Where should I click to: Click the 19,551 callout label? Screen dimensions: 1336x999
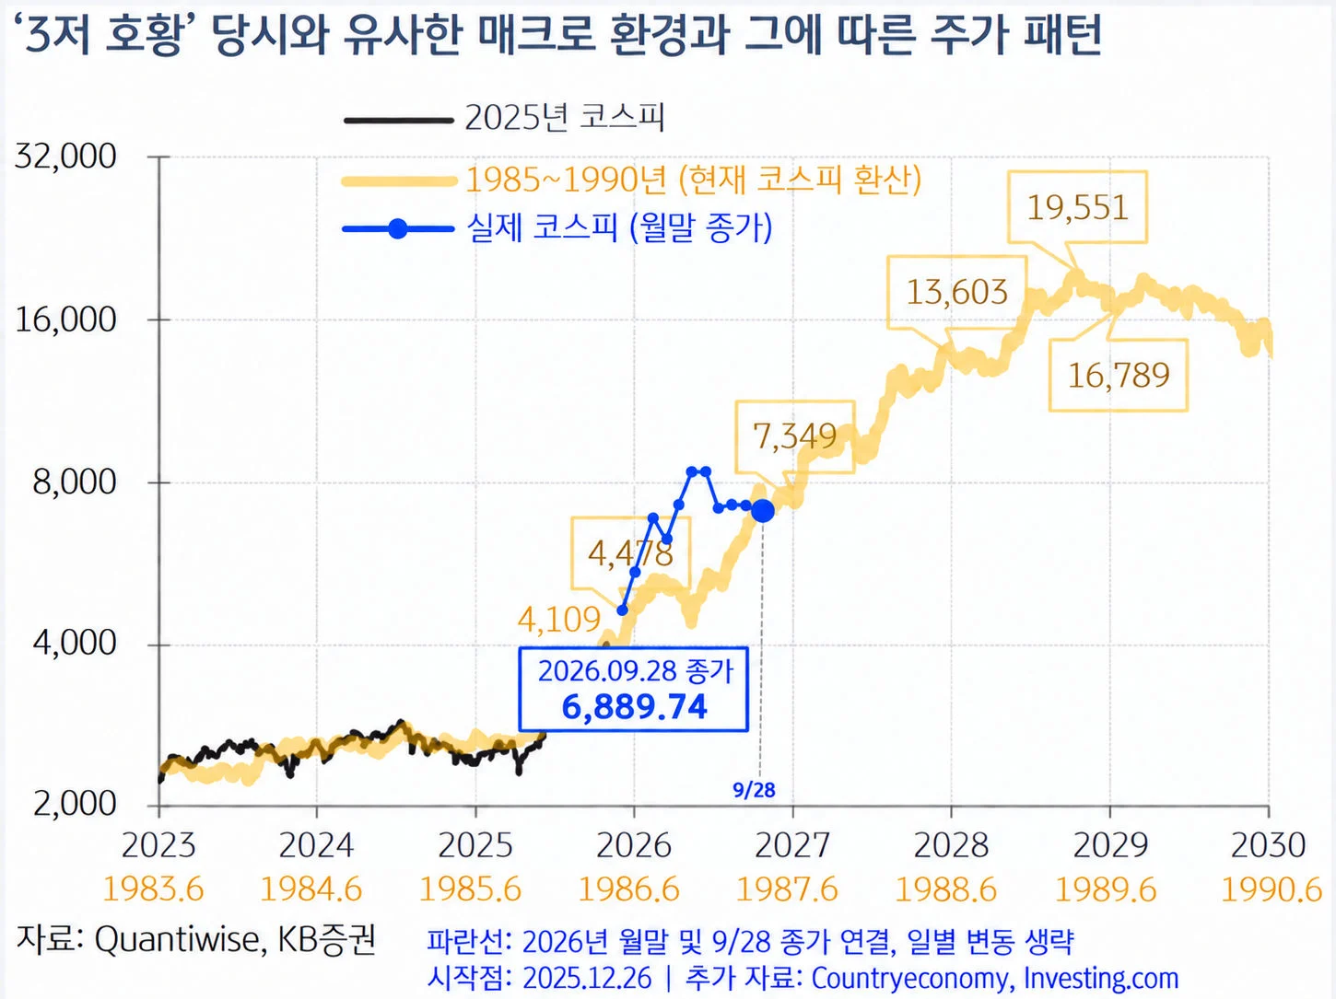click(x=1077, y=207)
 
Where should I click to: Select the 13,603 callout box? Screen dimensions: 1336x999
click(x=956, y=293)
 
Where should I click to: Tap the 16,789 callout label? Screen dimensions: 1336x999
click(x=1119, y=375)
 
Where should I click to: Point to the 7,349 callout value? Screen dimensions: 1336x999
click(x=795, y=436)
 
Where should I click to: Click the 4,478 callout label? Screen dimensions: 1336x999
click(x=630, y=553)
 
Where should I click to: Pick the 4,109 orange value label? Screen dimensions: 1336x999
click(x=559, y=620)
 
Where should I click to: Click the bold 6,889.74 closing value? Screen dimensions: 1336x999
click(x=634, y=706)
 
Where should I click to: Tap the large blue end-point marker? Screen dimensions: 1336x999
click(x=763, y=511)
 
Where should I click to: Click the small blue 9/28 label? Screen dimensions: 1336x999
click(x=754, y=790)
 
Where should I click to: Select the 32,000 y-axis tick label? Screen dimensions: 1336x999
click(x=65, y=157)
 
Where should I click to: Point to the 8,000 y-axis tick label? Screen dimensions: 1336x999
click(x=75, y=482)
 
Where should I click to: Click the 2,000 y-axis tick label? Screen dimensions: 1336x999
click(x=75, y=804)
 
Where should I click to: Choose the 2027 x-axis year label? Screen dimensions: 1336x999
click(x=792, y=845)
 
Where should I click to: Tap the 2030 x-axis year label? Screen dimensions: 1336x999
click(x=1269, y=845)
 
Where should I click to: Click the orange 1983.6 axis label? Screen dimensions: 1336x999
click(x=153, y=889)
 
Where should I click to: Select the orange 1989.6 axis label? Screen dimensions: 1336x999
click(x=1106, y=889)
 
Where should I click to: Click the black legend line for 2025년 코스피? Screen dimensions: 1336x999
click(x=399, y=121)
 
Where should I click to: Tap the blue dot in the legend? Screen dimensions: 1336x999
click(x=398, y=229)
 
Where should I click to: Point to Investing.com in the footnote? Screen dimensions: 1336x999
click(x=1101, y=979)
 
